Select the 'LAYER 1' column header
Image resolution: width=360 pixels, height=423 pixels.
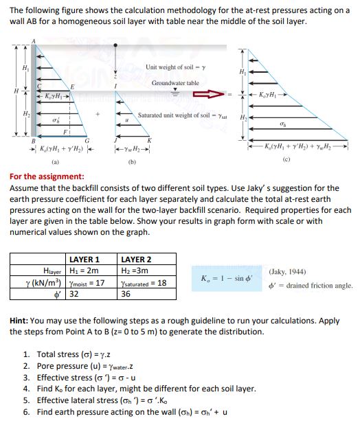85,260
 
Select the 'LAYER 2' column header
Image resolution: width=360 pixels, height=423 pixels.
135,260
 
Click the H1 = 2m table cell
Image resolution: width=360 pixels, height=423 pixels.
85,271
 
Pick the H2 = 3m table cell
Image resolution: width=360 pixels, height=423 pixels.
135,271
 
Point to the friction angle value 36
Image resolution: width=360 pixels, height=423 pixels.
126,294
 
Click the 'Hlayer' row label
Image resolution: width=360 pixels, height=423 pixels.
52,271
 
